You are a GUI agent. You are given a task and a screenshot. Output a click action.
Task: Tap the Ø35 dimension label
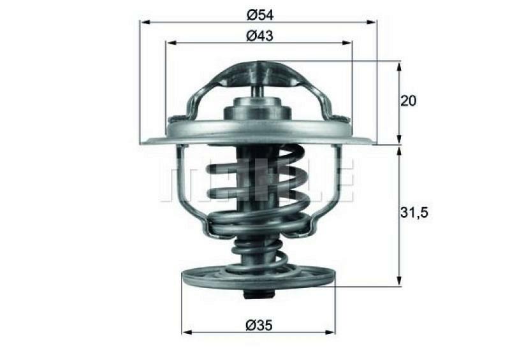tap(258, 325)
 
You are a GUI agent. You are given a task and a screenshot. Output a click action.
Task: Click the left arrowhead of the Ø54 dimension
tap(144, 22)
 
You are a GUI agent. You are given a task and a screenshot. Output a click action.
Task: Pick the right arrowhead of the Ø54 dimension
tap(372, 22)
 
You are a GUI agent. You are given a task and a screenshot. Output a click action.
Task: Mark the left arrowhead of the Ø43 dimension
tap(170, 43)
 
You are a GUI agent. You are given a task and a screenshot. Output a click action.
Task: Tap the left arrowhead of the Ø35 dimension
tap(186, 332)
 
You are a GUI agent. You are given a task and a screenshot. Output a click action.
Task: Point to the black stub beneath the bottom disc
tap(258, 294)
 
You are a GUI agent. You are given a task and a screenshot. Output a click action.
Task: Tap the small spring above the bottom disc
tap(258, 252)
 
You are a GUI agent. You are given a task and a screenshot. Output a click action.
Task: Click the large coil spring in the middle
tap(258, 191)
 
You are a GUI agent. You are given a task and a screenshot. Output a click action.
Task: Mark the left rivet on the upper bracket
tap(175, 118)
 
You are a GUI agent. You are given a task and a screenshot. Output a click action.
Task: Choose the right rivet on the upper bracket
tap(343, 118)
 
